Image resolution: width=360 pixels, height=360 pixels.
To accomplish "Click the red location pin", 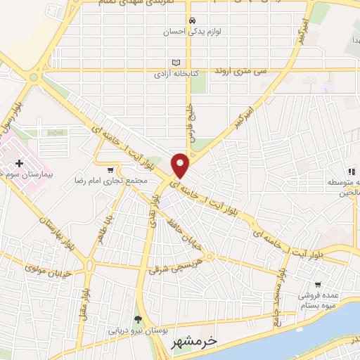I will [181, 164].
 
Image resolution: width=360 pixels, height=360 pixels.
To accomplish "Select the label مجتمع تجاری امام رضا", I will [111, 181].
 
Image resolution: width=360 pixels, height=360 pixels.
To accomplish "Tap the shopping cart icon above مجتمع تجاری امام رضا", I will [110, 169].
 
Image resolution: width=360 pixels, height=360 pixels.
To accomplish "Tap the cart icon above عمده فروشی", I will [318, 285].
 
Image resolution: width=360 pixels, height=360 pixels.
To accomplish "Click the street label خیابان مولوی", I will [44, 268].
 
